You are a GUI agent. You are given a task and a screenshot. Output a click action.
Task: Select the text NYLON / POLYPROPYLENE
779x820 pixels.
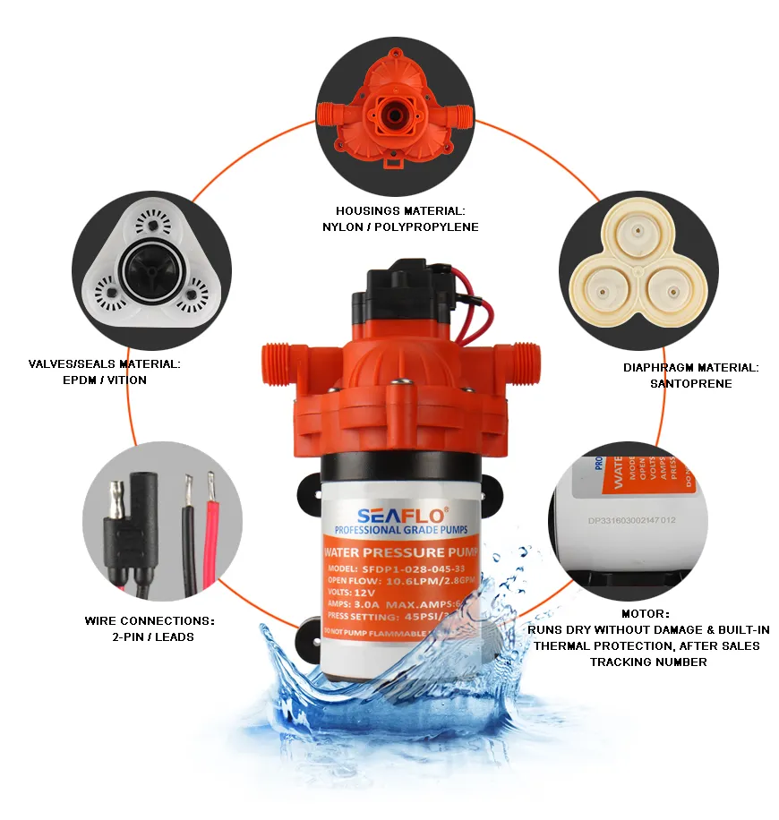click(x=400, y=227)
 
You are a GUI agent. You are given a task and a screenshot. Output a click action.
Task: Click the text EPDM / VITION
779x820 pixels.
click(x=104, y=380)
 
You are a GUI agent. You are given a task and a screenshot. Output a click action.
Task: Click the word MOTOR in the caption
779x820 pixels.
click(x=646, y=614)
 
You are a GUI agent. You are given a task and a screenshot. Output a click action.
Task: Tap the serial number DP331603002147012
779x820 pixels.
click(x=631, y=518)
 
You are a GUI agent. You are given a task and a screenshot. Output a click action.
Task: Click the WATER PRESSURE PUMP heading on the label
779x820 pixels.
click(x=401, y=553)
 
